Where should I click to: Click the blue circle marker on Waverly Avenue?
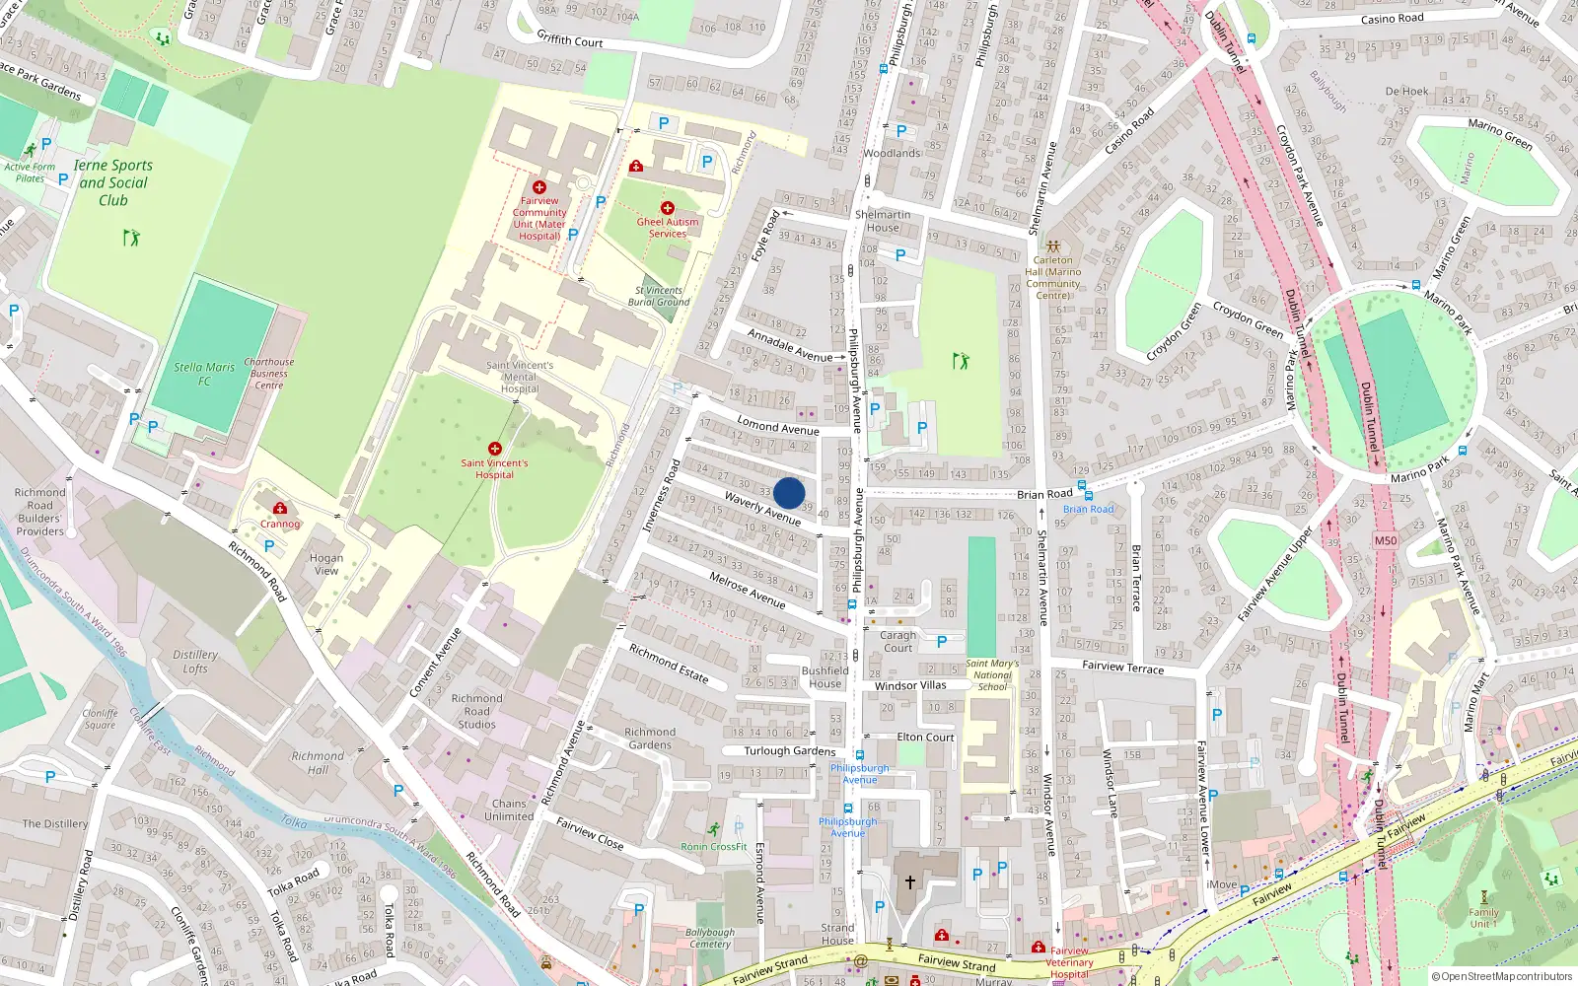[x=789, y=493]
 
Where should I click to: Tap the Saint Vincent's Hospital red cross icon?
[x=495, y=449]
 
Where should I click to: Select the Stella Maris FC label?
[x=204, y=374]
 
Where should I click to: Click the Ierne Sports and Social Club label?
[x=113, y=182]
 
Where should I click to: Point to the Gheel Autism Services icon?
[x=668, y=208]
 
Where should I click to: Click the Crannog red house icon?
[x=280, y=509]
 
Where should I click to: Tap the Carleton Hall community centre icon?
[x=1053, y=246]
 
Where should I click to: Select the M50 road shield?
[x=1386, y=540]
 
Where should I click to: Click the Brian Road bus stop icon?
[x=1082, y=486]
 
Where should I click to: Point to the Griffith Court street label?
[x=570, y=39]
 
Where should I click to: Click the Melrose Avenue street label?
[x=748, y=590]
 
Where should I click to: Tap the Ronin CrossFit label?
[x=714, y=847]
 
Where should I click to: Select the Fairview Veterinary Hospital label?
[x=1069, y=962]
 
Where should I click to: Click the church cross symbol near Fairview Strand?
[x=909, y=881]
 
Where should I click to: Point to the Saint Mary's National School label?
[x=992, y=675]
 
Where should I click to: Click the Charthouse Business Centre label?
[x=268, y=374]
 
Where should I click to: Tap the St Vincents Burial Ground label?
[x=659, y=296]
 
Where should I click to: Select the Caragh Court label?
[x=897, y=642]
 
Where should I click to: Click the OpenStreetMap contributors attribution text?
[x=1501, y=976]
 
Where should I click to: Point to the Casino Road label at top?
[x=1392, y=19]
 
